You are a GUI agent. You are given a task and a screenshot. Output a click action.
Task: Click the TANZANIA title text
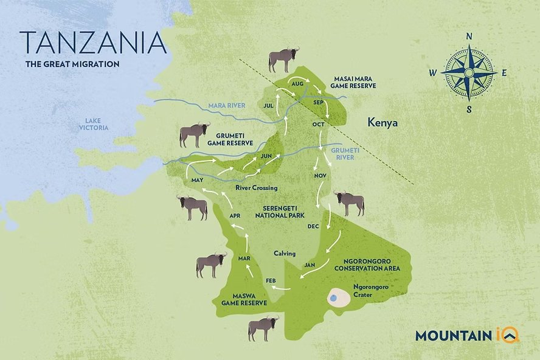click(x=92, y=41)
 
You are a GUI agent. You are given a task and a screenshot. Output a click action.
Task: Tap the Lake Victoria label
click(x=93, y=123)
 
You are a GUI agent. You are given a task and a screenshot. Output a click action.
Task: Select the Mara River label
click(x=227, y=105)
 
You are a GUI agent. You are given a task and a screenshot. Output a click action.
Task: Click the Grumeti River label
click(x=342, y=153)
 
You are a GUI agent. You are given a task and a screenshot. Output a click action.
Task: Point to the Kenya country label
click(x=382, y=123)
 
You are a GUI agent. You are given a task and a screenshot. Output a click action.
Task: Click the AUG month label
click(x=297, y=83)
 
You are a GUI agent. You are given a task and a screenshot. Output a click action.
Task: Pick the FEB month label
click(x=272, y=280)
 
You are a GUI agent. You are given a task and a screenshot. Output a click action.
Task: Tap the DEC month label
click(x=313, y=226)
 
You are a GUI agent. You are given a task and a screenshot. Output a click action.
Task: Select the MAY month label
click(x=196, y=181)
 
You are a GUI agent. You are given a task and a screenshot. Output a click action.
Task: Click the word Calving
click(x=284, y=253)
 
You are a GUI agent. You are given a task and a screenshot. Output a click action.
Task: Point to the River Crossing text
click(x=256, y=188)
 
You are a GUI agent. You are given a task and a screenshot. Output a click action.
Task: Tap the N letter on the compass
click(x=469, y=36)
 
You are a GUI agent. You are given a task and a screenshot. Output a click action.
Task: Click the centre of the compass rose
click(x=468, y=73)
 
